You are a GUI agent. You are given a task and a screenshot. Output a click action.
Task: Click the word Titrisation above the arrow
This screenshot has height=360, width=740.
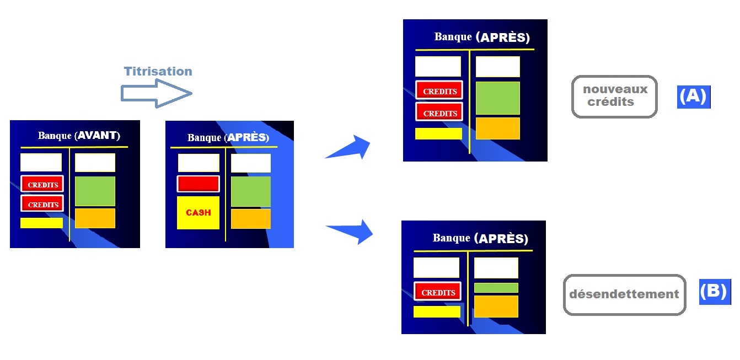(158, 71)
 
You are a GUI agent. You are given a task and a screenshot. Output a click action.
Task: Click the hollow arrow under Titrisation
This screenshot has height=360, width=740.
(156, 94)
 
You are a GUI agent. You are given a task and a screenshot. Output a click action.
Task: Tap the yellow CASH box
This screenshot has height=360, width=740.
(198, 213)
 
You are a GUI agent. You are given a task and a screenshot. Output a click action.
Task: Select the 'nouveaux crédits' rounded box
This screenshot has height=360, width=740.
(614, 96)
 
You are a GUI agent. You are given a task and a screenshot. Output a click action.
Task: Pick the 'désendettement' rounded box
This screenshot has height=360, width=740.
(624, 294)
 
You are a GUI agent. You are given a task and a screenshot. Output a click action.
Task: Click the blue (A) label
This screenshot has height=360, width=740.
(694, 97)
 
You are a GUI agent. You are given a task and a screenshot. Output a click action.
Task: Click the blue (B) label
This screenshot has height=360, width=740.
(715, 292)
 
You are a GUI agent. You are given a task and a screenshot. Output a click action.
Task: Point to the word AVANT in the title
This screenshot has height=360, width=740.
(97, 136)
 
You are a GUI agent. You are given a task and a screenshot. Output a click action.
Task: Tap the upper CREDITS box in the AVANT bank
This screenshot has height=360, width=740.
(42, 184)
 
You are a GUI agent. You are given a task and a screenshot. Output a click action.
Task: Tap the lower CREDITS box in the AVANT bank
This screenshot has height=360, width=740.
(42, 203)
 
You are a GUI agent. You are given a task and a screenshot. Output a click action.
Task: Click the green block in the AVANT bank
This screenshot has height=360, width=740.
(95, 191)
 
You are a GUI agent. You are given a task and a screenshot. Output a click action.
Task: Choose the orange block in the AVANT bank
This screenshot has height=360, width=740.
(95, 218)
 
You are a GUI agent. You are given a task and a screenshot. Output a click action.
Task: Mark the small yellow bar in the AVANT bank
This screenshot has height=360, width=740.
(41, 223)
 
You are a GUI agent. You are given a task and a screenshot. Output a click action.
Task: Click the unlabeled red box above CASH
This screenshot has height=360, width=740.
(198, 184)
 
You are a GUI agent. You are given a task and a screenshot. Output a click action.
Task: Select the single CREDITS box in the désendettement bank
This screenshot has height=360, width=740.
(437, 291)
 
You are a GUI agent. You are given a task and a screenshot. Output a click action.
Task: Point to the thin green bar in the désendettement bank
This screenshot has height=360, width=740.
(496, 288)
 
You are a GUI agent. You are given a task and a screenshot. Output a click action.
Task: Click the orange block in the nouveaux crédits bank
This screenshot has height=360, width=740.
(498, 128)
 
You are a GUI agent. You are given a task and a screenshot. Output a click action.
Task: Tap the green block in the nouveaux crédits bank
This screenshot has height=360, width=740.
(498, 98)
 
